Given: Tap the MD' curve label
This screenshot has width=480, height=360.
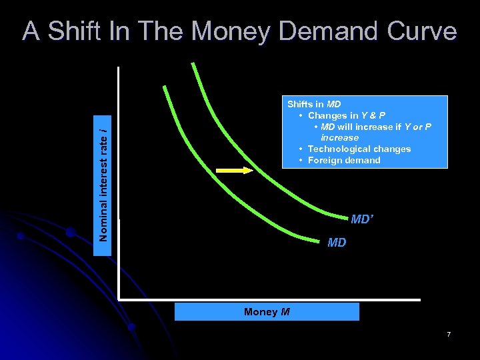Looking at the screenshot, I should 361,219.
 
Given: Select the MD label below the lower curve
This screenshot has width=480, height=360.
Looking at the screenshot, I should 337,243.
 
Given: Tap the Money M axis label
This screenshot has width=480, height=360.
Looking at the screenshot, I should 267,312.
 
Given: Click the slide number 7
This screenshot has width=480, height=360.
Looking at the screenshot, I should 449,333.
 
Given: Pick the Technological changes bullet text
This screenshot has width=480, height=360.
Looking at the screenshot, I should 359,149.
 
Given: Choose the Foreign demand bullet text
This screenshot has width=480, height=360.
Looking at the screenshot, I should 344,160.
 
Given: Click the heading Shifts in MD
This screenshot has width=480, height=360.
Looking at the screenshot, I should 313,104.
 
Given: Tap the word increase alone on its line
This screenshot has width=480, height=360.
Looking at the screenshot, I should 339,137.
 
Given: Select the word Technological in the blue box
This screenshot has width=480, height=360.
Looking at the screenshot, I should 339,149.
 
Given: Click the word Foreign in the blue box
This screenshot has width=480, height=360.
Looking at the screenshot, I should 325,160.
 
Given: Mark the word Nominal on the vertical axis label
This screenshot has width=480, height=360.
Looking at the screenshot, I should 103,221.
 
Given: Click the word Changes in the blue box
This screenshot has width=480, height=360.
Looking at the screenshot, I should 327,115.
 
